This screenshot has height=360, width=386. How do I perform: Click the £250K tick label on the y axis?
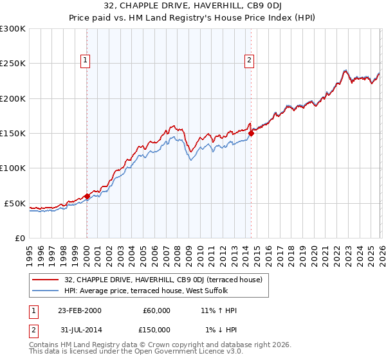(13, 64)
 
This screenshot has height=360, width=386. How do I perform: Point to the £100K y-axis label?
(13, 168)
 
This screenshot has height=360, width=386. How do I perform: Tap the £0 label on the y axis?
(21, 238)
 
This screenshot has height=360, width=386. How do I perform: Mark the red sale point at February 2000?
(87, 196)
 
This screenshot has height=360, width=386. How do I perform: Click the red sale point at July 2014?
(251, 133)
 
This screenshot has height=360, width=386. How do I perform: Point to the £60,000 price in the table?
(155, 310)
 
